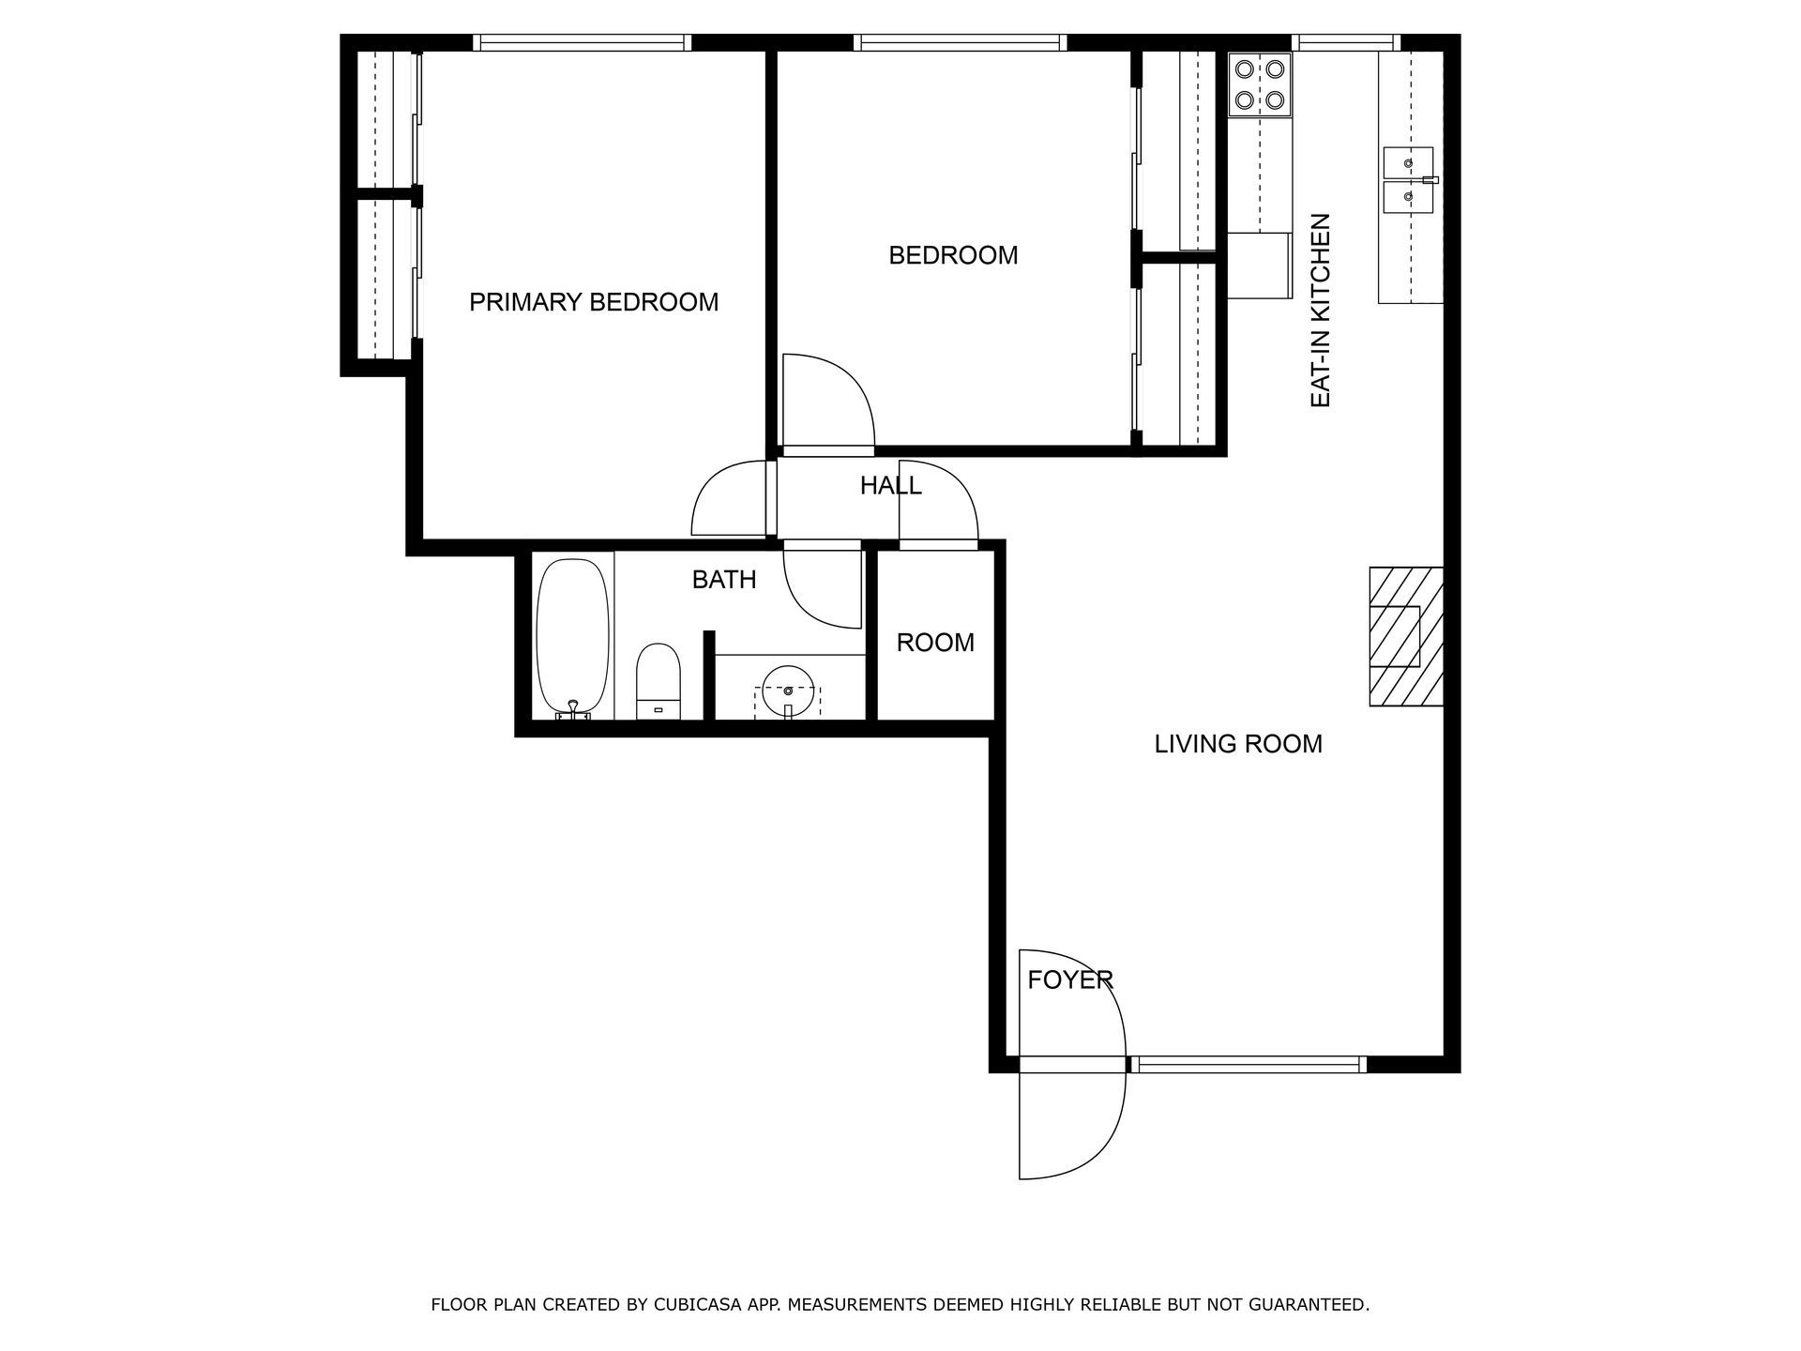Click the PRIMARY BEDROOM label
(594, 302)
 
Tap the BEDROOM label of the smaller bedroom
(953, 255)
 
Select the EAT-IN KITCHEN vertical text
(1320, 311)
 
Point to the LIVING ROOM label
(1238, 744)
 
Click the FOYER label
(1069, 980)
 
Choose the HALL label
(890, 486)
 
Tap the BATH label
(724, 580)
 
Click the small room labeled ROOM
(935, 643)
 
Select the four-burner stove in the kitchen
(1260, 84)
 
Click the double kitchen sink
(1409, 179)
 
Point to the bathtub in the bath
(573, 638)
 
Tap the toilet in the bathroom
(658, 681)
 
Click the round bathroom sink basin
(787, 691)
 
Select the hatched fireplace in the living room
(1406, 636)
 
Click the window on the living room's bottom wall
(1246, 1064)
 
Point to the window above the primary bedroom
(582, 43)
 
